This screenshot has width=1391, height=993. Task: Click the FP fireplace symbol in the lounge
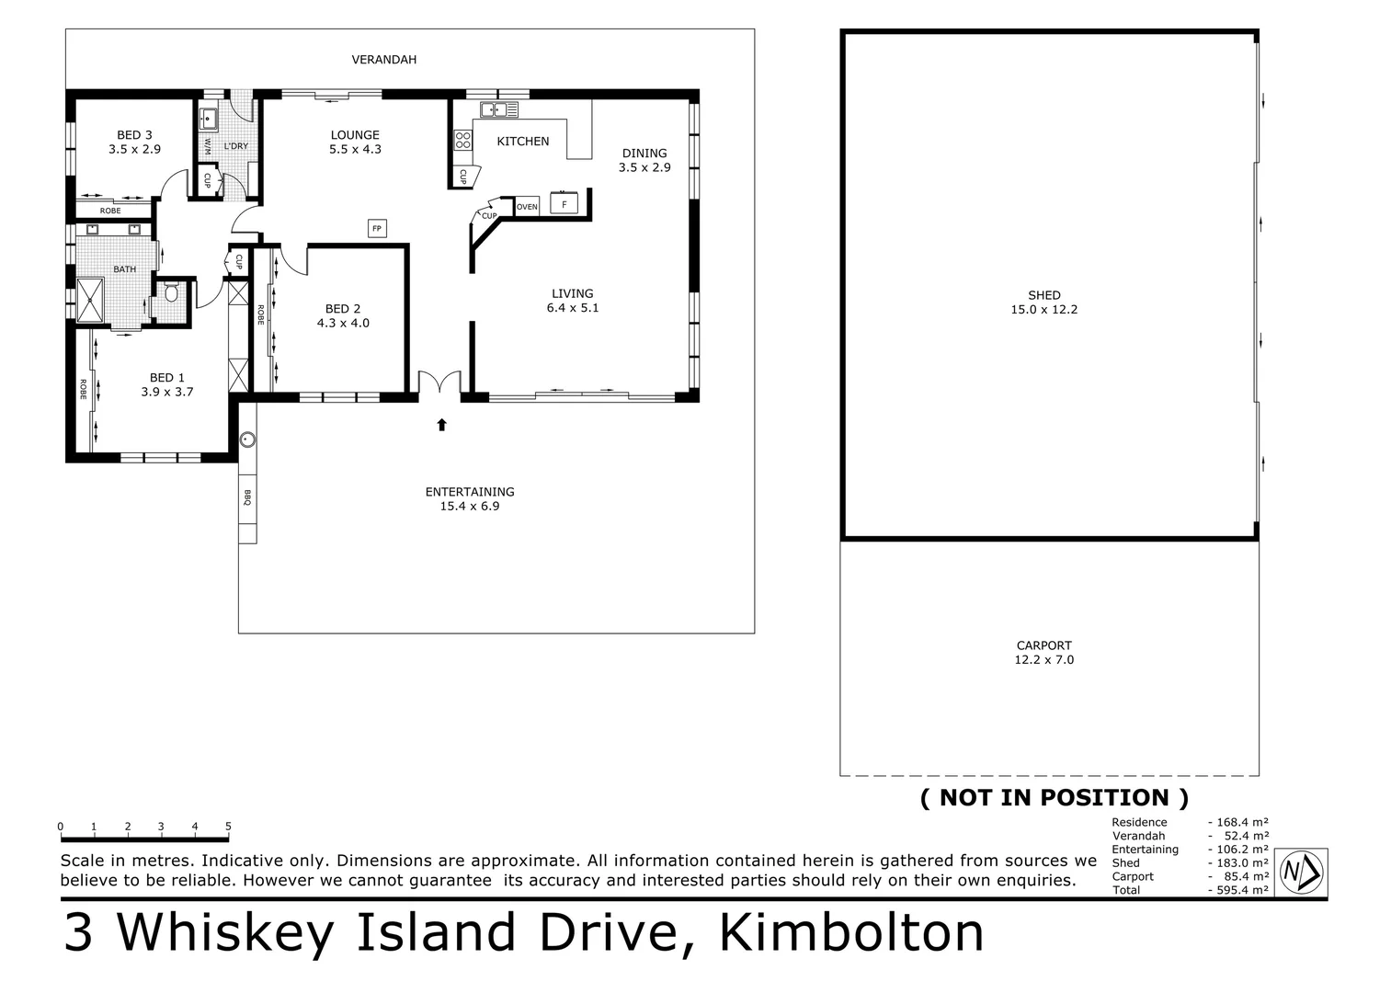click(377, 228)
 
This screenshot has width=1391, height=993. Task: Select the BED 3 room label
click(134, 135)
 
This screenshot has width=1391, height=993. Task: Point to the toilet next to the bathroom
click(170, 293)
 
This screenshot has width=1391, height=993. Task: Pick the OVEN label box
click(527, 207)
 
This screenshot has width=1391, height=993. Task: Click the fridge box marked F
click(564, 203)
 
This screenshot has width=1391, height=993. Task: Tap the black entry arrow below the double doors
click(441, 424)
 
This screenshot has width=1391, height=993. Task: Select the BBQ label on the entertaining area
click(247, 497)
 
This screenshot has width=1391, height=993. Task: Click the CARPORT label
click(1043, 645)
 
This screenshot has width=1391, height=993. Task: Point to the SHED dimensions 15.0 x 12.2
click(1043, 310)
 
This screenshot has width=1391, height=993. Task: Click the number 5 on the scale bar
click(228, 827)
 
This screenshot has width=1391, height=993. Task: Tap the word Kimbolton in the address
click(851, 932)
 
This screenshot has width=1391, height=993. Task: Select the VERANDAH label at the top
click(384, 60)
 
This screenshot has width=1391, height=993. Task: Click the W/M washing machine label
click(207, 145)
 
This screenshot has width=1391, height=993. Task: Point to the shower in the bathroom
click(91, 301)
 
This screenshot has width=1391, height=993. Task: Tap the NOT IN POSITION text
click(1055, 797)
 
